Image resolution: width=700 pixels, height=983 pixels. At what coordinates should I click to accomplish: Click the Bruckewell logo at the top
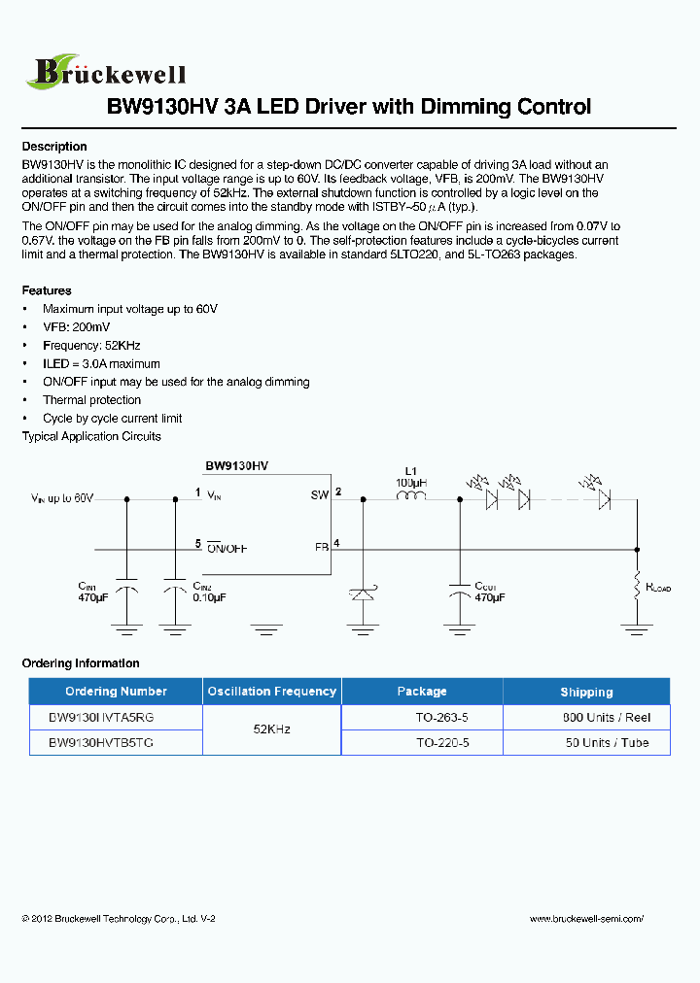point(107,70)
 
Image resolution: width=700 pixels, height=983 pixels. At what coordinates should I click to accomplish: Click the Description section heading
point(54,147)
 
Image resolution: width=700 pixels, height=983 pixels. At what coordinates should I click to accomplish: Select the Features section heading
point(47,290)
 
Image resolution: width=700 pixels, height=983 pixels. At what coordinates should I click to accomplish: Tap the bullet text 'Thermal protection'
point(91,400)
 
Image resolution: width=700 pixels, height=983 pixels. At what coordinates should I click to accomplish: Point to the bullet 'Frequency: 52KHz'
point(91,346)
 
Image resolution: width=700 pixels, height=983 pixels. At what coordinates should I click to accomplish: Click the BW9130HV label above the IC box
point(236,466)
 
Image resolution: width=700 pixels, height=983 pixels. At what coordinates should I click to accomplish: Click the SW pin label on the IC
point(319,495)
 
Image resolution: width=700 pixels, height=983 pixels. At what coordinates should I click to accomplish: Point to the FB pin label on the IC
point(321,547)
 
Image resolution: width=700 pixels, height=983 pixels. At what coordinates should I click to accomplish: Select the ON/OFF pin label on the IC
point(227,548)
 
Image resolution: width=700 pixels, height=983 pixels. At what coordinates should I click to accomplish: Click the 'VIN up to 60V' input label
point(62,498)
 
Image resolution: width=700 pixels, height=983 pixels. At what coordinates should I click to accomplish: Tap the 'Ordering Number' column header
point(116,692)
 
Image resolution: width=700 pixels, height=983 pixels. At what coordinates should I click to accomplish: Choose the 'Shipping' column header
point(586,692)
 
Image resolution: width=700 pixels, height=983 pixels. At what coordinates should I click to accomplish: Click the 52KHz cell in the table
point(271,729)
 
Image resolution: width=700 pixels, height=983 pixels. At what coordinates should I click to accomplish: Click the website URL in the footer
point(586,918)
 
